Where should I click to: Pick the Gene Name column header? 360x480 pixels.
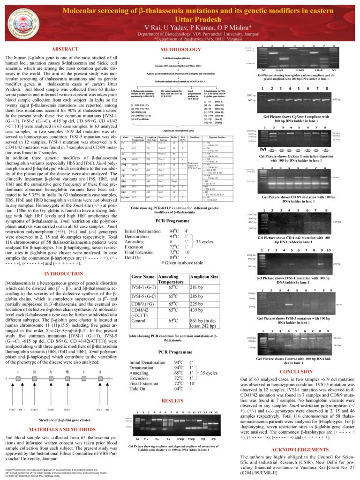tap(143, 277)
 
